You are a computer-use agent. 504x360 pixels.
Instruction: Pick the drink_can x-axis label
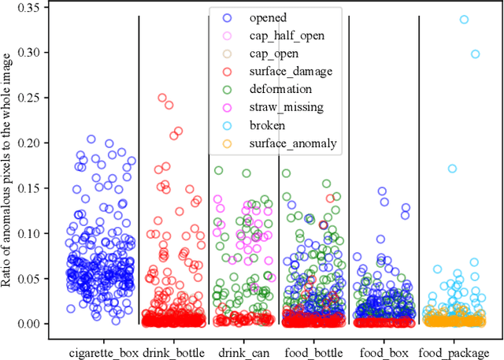243,351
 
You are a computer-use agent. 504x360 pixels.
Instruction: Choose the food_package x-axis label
454,351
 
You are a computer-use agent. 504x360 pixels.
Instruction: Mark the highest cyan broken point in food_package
464,20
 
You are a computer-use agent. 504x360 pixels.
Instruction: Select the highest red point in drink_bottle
162,98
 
